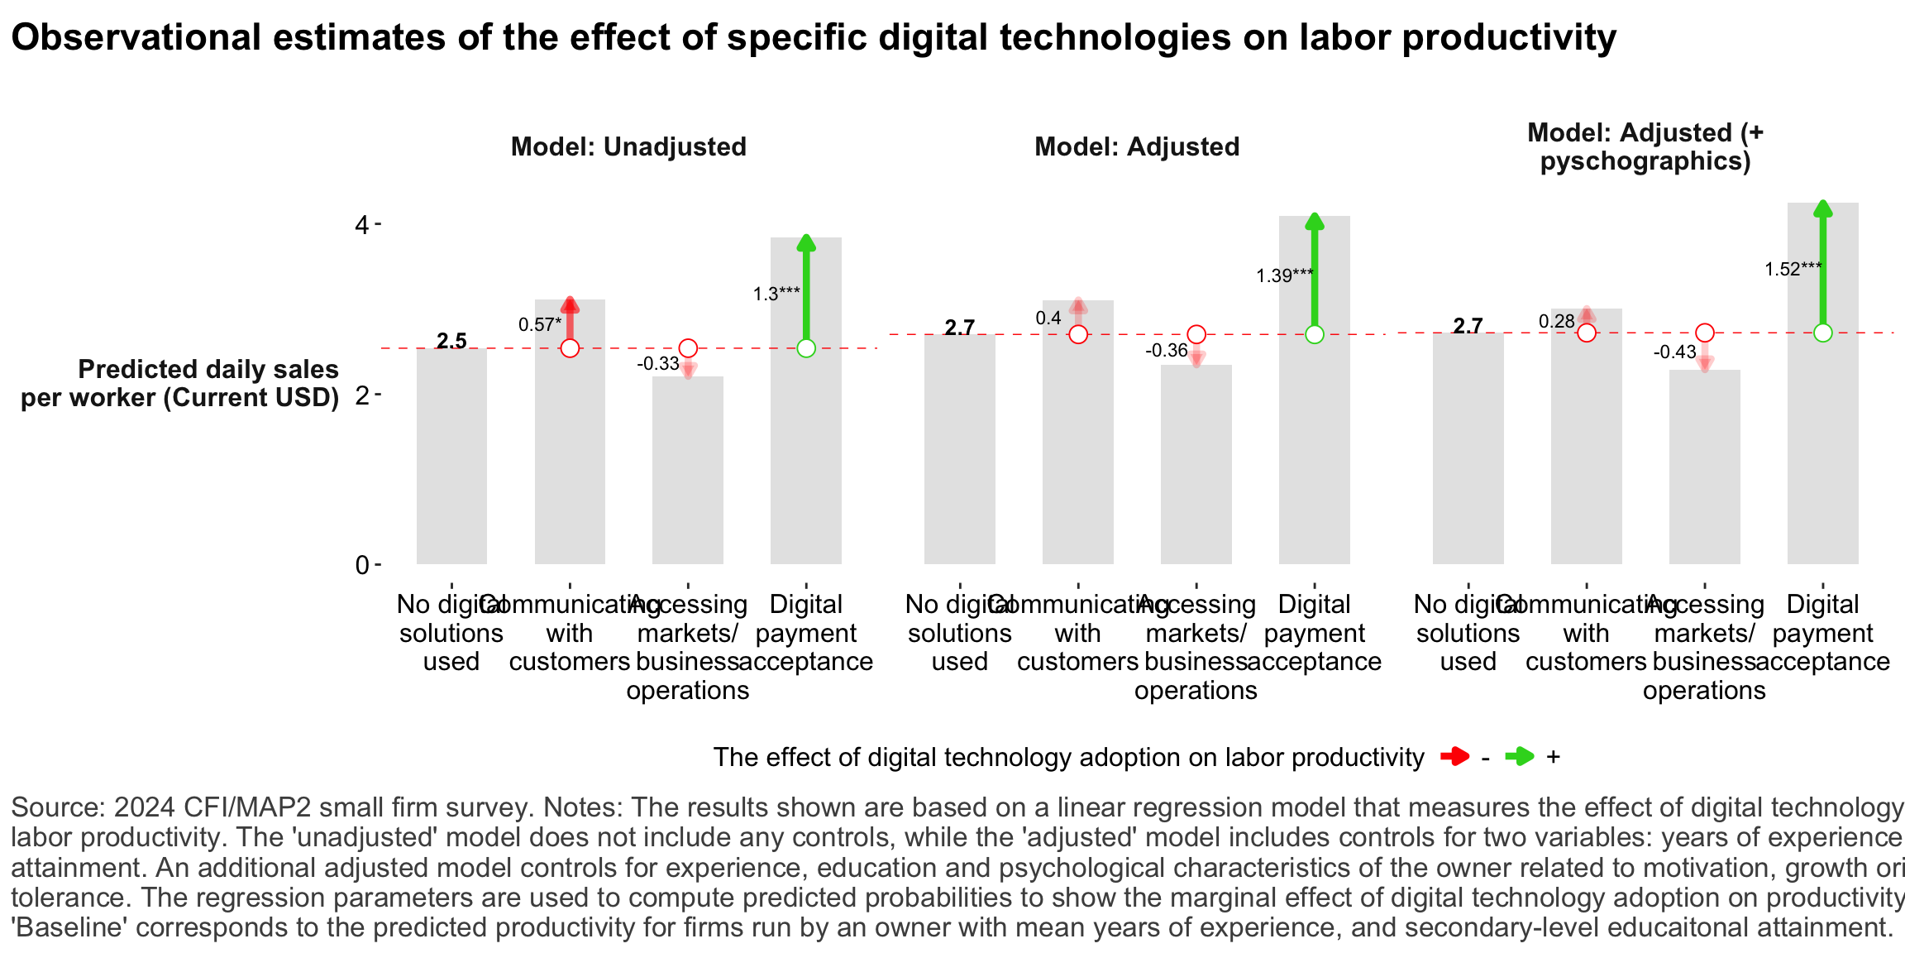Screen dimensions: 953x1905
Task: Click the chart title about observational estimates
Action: (x=813, y=38)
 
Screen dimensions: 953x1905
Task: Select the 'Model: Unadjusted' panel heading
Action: (x=628, y=146)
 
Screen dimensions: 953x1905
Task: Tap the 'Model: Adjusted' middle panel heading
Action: (x=1137, y=146)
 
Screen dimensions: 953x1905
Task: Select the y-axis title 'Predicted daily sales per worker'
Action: (x=180, y=383)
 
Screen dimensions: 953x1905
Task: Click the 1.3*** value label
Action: (x=776, y=294)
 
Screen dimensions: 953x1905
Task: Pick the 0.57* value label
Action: (x=540, y=324)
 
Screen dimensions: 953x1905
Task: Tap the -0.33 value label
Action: (x=658, y=363)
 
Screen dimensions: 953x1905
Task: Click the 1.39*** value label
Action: (x=1285, y=275)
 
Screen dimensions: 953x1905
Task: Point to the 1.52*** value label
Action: (x=1793, y=269)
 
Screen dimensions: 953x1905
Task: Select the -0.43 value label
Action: (x=1675, y=352)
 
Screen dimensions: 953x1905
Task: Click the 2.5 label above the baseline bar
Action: (x=451, y=340)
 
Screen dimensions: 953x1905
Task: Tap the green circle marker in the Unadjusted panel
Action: (x=806, y=348)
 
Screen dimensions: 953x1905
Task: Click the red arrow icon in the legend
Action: (x=1454, y=756)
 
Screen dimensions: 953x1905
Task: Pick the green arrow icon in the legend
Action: (x=1519, y=756)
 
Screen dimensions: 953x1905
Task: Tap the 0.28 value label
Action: (x=1556, y=321)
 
